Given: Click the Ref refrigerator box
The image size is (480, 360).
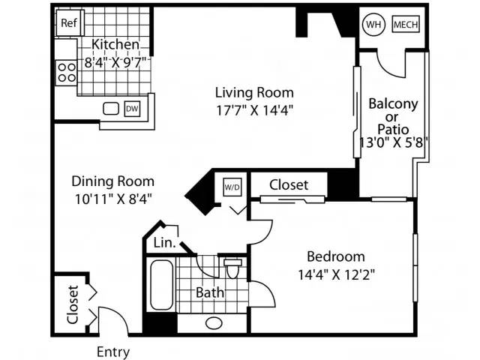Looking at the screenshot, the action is click(70, 23).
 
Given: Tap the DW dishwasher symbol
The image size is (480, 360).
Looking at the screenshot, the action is click(132, 109).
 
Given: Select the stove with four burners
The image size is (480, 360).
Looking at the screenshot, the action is click(66, 73).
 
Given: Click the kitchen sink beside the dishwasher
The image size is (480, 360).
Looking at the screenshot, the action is click(111, 109).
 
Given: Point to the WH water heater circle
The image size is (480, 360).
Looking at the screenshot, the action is click(373, 25).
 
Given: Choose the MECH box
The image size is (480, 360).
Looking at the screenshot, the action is click(406, 25).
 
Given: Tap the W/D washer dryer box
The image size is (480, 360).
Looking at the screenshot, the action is click(232, 187).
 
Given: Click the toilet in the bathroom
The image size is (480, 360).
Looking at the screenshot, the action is click(232, 268).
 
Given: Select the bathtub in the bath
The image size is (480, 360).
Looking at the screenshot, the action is click(162, 285).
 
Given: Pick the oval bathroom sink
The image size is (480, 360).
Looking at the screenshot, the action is click(214, 323).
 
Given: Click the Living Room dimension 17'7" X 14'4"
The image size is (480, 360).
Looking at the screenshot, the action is click(255, 110).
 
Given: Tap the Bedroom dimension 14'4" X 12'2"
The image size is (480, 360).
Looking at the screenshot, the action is click(337, 274).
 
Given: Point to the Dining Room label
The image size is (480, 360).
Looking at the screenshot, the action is click(113, 181).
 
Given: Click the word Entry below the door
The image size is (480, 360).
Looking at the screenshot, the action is click(113, 352).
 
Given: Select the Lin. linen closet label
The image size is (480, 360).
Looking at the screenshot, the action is click(165, 243).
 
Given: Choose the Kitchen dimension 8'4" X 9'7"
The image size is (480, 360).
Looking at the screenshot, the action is click(115, 63).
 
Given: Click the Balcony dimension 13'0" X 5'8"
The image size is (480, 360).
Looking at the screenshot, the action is click(394, 142).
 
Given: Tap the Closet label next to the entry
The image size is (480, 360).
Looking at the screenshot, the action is click(73, 304).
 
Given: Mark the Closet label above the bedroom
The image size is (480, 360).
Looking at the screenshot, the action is click(289, 185).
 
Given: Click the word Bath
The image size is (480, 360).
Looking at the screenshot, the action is click(210, 292).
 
